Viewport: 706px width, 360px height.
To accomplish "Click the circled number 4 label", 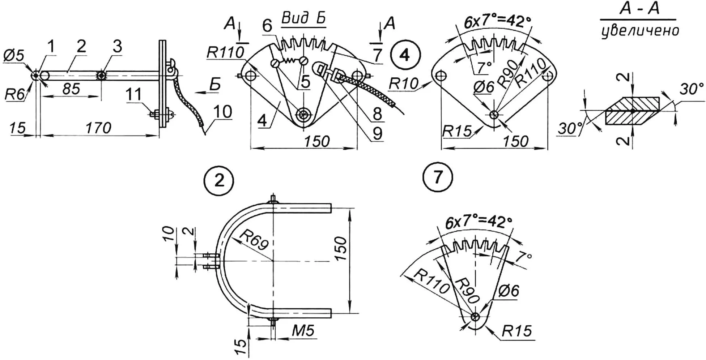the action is pyautogui.click(x=405, y=56).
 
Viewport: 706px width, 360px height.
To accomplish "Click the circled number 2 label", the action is pyautogui.click(x=219, y=180).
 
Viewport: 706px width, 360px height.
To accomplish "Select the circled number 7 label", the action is pyautogui.click(x=438, y=177).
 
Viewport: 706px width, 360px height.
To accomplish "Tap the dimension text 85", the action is pyautogui.click(x=71, y=88).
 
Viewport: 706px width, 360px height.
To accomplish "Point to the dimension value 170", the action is pyautogui.click(x=98, y=127).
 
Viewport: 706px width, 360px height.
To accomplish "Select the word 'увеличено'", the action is pyautogui.click(x=640, y=31).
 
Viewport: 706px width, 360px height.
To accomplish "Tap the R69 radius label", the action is pyautogui.click(x=255, y=240).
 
